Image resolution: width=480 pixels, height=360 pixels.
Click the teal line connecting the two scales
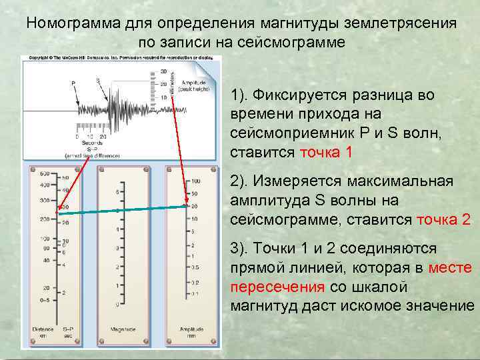(x=120, y=210)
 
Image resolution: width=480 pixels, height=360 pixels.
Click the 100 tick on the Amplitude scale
(x=195, y=181)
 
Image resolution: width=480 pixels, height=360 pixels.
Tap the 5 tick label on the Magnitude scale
(x=117, y=192)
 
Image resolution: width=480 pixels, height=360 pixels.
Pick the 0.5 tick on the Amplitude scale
(x=195, y=267)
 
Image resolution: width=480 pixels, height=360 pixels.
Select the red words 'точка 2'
(x=443, y=219)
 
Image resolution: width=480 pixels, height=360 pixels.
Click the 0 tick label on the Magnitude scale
(x=117, y=305)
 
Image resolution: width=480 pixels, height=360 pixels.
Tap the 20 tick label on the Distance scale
(x=45, y=288)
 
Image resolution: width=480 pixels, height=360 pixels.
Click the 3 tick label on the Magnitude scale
(x=117, y=248)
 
